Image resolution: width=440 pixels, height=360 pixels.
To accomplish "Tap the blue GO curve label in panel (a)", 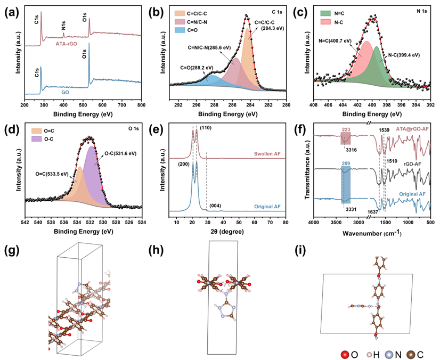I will [65, 92].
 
